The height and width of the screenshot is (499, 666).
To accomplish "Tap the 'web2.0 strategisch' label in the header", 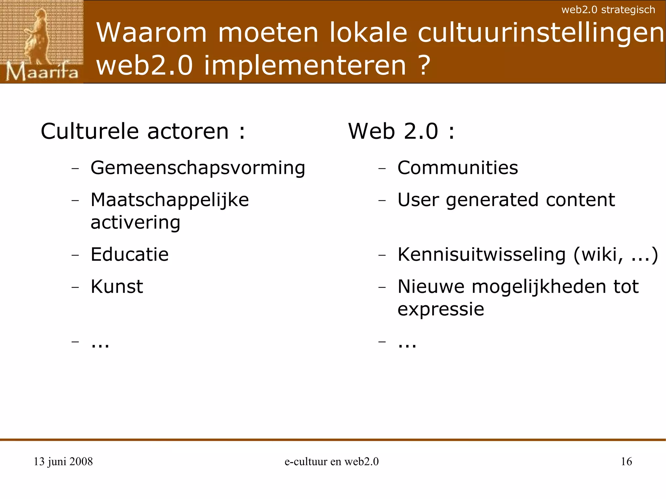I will (x=608, y=10).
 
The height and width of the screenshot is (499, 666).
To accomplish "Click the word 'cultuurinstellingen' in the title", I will (x=541, y=33).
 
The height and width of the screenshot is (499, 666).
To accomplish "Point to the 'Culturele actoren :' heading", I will (x=143, y=131).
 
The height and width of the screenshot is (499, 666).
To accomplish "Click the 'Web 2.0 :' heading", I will (x=401, y=131).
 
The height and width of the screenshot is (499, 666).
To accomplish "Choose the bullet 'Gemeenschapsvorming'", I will (x=198, y=168).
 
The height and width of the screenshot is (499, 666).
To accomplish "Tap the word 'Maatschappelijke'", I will (x=169, y=200).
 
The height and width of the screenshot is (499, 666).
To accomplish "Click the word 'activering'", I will (x=135, y=223).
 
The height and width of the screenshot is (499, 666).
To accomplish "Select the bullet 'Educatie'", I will (x=129, y=254).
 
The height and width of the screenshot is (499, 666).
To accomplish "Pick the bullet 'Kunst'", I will (x=117, y=286).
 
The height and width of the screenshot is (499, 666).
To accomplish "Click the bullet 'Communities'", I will (x=458, y=168).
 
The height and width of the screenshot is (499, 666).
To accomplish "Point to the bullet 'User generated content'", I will (x=506, y=200).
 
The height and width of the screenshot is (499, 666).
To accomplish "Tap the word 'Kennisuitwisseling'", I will (x=481, y=254).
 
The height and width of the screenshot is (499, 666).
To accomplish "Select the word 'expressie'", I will (x=441, y=309).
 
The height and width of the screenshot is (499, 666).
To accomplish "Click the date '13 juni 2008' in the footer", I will (x=63, y=461).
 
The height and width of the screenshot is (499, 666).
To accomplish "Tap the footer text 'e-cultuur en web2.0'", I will (x=331, y=461).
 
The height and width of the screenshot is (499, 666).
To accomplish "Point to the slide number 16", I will (x=626, y=461).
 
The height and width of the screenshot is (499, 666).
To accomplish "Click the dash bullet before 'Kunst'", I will (x=75, y=287).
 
